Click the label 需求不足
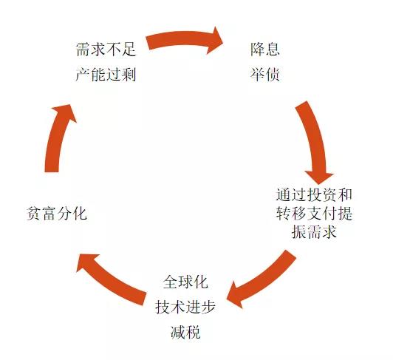click(x=106, y=50)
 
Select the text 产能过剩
click(x=106, y=74)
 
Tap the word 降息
click(x=264, y=49)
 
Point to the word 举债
click(x=264, y=74)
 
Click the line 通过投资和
click(x=314, y=194)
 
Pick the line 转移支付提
click(x=314, y=213)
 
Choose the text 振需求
click(x=314, y=231)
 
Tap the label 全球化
click(x=185, y=282)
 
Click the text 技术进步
click(x=185, y=307)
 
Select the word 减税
click(x=185, y=332)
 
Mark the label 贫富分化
click(x=57, y=213)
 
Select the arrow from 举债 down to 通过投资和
click(x=316, y=140)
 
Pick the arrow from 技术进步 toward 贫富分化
click(x=109, y=279)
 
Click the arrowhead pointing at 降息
click(x=215, y=40)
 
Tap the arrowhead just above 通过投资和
click(x=319, y=177)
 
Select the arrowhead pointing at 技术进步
click(x=235, y=295)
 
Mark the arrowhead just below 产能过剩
click(x=65, y=112)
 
